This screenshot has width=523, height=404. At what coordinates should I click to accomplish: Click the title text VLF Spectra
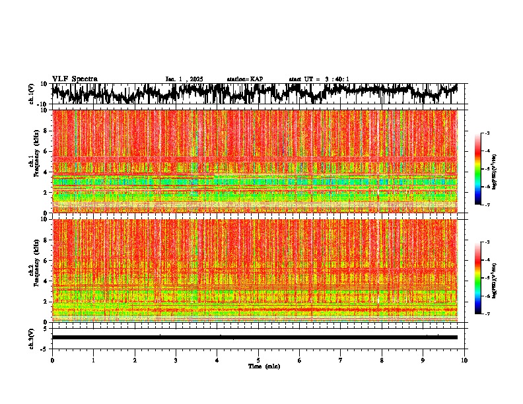tap(75, 79)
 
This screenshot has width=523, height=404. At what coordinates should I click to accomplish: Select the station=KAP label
tap(244, 79)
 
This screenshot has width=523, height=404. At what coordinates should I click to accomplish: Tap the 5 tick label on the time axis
tap(258, 360)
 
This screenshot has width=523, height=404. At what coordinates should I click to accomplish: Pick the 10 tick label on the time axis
tap(464, 360)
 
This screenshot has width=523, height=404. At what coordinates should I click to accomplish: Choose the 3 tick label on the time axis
tap(176, 360)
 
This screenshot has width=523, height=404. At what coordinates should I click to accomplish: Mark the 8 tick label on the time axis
tap(382, 360)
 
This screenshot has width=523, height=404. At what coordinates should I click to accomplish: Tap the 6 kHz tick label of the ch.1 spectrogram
tap(45, 151)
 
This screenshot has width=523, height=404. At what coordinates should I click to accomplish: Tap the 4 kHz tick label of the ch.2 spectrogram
tap(45, 281)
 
